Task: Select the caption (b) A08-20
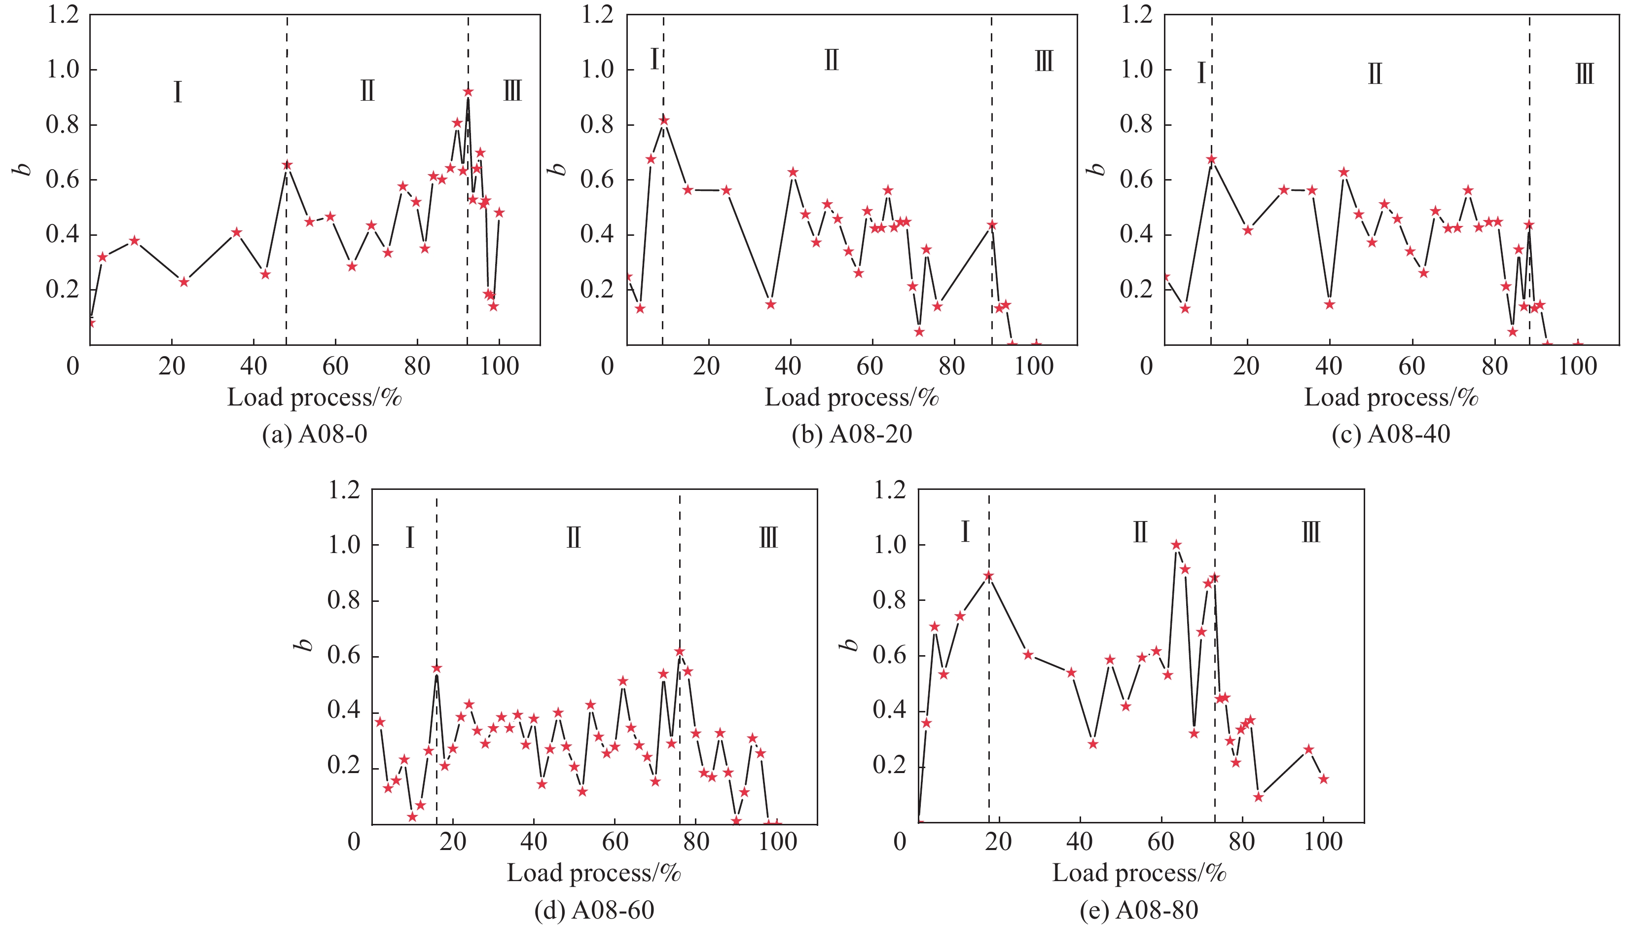pos(851,434)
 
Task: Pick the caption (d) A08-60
pos(594,910)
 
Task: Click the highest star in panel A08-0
pos(469,92)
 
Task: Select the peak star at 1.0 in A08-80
pos(1176,545)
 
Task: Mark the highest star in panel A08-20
pos(664,120)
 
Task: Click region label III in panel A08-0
pos(512,91)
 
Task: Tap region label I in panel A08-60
pos(410,538)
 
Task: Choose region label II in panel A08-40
pos(1375,74)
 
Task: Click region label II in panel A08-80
pos(1140,532)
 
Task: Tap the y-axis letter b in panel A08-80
pos(850,645)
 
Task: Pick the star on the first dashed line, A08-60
pos(436,668)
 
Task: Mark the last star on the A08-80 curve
pos(1324,779)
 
